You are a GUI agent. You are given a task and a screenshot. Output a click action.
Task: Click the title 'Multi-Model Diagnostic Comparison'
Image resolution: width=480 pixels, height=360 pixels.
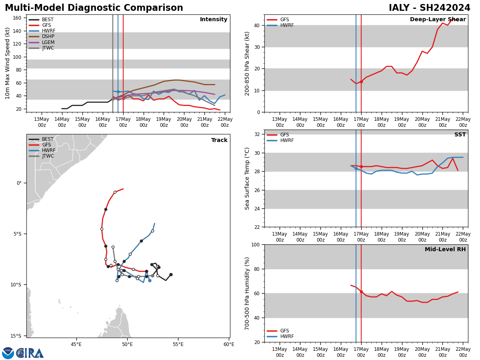(x=94, y=8)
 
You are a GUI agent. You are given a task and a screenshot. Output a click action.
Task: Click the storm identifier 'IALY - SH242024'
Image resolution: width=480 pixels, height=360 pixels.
(x=429, y=8)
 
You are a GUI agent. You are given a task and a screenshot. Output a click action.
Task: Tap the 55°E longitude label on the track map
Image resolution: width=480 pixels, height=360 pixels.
(x=178, y=344)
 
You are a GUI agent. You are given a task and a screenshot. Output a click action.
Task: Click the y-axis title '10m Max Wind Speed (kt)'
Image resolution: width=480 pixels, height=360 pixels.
(x=8, y=63)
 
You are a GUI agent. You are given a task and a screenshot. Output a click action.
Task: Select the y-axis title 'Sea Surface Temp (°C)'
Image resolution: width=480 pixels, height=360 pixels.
(x=247, y=178)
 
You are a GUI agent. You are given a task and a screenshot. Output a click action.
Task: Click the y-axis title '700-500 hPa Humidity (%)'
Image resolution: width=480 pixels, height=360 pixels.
(x=247, y=293)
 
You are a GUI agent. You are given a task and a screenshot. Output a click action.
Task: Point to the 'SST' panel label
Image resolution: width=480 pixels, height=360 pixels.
(x=460, y=135)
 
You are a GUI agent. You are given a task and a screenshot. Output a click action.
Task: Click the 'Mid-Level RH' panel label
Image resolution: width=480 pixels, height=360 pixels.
(x=445, y=250)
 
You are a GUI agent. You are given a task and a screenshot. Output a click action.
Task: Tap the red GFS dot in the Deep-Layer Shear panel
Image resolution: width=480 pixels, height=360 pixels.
(x=361, y=82)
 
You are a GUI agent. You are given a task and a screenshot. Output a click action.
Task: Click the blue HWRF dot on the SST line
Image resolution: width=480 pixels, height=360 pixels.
(x=356, y=168)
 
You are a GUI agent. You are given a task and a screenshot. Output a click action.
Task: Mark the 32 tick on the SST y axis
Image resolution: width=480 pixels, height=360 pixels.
(x=258, y=134)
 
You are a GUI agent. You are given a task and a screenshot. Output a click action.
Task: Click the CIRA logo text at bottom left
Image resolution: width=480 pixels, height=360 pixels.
(x=30, y=353)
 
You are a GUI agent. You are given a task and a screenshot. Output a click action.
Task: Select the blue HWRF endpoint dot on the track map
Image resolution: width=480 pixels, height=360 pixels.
(x=150, y=280)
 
